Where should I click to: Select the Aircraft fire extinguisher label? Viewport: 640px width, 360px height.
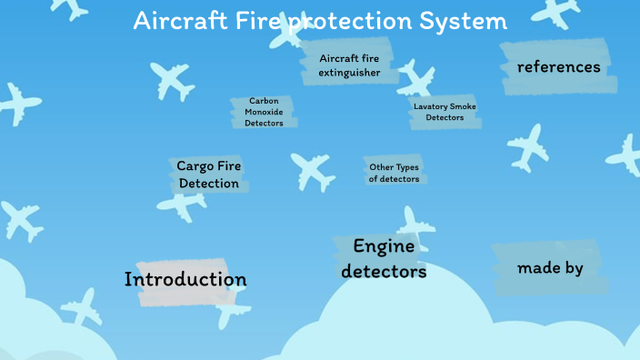point(349,65)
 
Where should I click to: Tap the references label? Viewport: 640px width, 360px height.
point(558,67)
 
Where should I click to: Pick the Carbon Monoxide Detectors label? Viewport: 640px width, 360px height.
point(264,112)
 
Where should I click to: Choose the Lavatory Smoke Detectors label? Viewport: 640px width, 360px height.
point(445,112)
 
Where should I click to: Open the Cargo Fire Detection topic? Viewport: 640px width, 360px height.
point(209,175)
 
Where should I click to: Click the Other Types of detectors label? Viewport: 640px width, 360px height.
point(394,173)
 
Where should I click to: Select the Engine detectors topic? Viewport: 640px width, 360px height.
point(384,258)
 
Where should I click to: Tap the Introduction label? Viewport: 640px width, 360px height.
point(185,279)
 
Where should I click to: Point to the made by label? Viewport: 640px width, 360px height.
point(550,268)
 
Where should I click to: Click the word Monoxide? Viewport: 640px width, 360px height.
point(264,112)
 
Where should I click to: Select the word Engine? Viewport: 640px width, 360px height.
point(384,245)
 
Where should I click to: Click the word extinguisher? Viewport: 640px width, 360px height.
point(349,73)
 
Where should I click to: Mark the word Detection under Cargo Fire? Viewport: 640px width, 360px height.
point(209,184)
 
